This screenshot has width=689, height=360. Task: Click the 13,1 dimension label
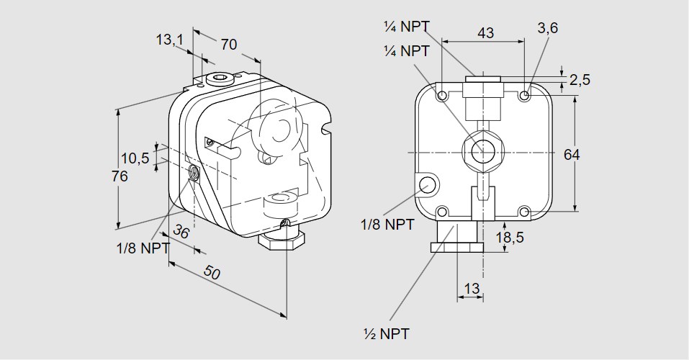tap(170, 40)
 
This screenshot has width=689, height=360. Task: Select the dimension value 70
tap(228, 45)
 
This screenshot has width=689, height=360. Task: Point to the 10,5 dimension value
tap(135, 158)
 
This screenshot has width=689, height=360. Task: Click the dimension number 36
tap(181, 233)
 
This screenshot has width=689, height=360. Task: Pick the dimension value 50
tap(211, 273)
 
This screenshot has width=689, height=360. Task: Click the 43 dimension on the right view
tap(486, 32)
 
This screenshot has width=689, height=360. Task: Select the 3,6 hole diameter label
tap(548, 28)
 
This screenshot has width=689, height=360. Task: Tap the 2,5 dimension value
tap(580, 79)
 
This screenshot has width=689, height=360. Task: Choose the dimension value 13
tap(472, 289)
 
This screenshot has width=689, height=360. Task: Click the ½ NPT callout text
tap(387, 334)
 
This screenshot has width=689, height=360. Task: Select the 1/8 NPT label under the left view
tap(143, 248)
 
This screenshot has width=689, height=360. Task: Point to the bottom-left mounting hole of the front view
tap(441, 212)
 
